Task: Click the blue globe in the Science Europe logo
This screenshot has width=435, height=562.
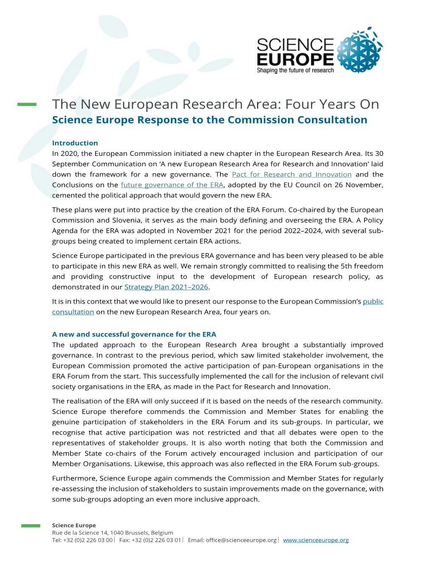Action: [359, 51]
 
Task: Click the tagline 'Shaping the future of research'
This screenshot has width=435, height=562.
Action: [295, 70]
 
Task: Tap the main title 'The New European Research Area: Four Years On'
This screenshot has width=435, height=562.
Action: [215, 104]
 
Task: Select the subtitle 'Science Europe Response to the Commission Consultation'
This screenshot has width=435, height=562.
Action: [209, 120]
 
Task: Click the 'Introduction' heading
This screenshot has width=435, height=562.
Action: [75, 143]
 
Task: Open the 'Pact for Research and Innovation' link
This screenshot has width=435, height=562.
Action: [291, 174]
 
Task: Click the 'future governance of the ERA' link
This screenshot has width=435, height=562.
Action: [172, 185]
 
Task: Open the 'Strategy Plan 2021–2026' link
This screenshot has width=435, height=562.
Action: [166, 287]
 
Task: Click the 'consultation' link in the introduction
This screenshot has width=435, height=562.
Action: [73, 312]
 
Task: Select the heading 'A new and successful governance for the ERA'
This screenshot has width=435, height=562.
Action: [134, 334]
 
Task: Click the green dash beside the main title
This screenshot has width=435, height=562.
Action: [27, 104]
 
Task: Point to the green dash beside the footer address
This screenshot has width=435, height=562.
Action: [31, 526]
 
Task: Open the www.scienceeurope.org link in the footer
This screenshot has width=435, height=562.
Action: [316, 540]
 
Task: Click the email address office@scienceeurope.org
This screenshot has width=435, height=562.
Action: [241, 540]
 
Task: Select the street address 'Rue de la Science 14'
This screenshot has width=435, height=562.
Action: [79, 533]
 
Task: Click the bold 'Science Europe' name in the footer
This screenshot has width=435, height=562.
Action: [74, 525]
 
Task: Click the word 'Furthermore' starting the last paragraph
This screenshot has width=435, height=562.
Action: [74, 478]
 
